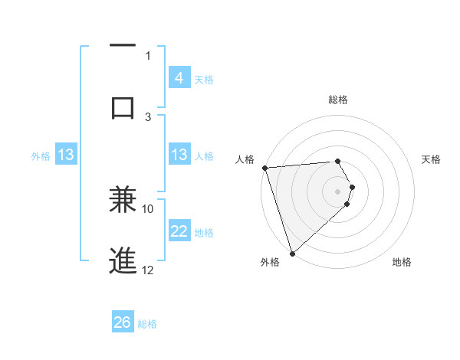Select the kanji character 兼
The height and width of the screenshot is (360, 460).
[123, 199]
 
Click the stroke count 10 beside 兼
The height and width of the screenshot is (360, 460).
[149, 208]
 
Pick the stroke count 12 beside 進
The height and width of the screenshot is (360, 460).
[149, 270]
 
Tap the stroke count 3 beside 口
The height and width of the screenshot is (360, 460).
[149, 116]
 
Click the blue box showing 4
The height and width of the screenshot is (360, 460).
[179, 78]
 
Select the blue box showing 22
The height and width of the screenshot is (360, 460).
[179, 231]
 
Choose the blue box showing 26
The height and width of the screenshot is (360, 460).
[123, 322]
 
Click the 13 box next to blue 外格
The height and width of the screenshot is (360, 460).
[66, 155]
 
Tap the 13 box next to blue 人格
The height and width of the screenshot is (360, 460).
[179, 155]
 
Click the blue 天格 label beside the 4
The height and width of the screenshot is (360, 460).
[204, 79]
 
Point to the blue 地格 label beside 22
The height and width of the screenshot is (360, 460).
[204, 232]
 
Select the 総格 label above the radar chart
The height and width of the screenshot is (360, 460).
[337, 100]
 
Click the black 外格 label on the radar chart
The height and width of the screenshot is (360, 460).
[270, 262]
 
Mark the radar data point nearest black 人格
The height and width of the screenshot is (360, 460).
[264, 168]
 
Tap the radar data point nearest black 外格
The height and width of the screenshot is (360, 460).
[292, 253]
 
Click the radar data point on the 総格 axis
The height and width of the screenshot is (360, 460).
[337, 161]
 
